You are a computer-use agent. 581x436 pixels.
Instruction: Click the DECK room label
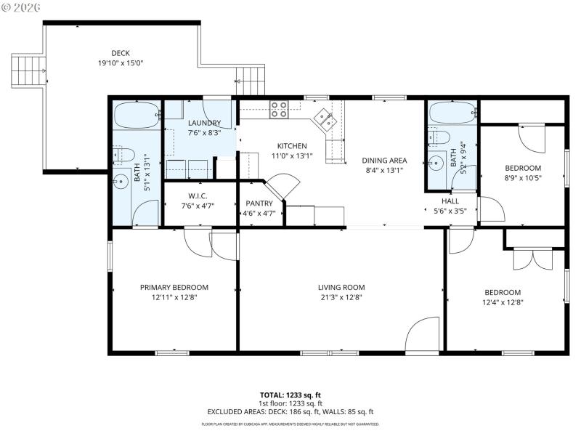[x=121, y=52]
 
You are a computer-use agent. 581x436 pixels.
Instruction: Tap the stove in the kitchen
[x=279, y=110]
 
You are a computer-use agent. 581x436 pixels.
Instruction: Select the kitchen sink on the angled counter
[x=324, y=118]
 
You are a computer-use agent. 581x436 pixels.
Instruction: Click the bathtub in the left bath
[x=137, y=115]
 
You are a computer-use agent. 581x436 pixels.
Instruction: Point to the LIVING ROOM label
[x=341, y=287]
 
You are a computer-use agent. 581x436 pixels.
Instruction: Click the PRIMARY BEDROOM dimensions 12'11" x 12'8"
[x=174, y=297]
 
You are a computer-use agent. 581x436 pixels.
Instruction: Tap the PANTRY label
[x=259, y=203]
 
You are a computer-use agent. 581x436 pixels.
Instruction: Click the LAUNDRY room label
[x=203, y=123]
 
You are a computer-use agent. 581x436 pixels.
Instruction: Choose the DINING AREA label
[x=384, y=161]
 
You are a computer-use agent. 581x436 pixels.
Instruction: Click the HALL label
[x=450, y=201]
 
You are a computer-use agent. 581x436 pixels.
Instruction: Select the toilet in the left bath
[x=122, y=153]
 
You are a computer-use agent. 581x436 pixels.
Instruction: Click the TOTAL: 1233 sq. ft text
[x=290, y=395]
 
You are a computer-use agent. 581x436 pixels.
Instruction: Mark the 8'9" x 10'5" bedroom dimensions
[x=523, y=177]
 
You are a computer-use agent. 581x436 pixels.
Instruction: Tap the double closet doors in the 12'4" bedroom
[x=532, y=260]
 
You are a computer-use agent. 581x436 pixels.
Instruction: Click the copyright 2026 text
[x=21, y=7]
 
